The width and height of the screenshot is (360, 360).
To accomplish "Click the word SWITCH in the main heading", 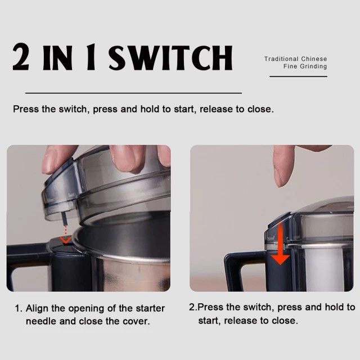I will click(169, 57).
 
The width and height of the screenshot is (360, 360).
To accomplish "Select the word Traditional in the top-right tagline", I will click(282, 59).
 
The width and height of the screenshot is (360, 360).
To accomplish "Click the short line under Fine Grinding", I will click(298, 76).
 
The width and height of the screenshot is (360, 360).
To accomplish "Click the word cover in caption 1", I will click(137, 321).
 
